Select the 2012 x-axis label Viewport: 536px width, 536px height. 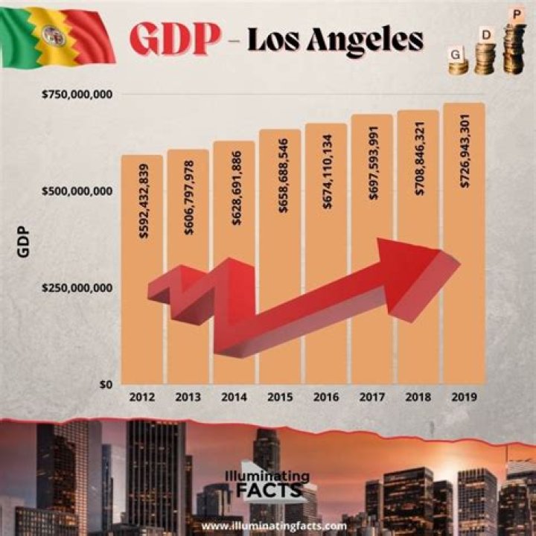(x=141, y=397)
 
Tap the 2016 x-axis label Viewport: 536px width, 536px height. (x=326, y=397)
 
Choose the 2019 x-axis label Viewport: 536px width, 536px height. (x=465, y=397)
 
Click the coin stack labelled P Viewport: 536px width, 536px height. (x=514, y=46)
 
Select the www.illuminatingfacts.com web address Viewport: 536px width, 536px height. (x=274, y=526)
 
